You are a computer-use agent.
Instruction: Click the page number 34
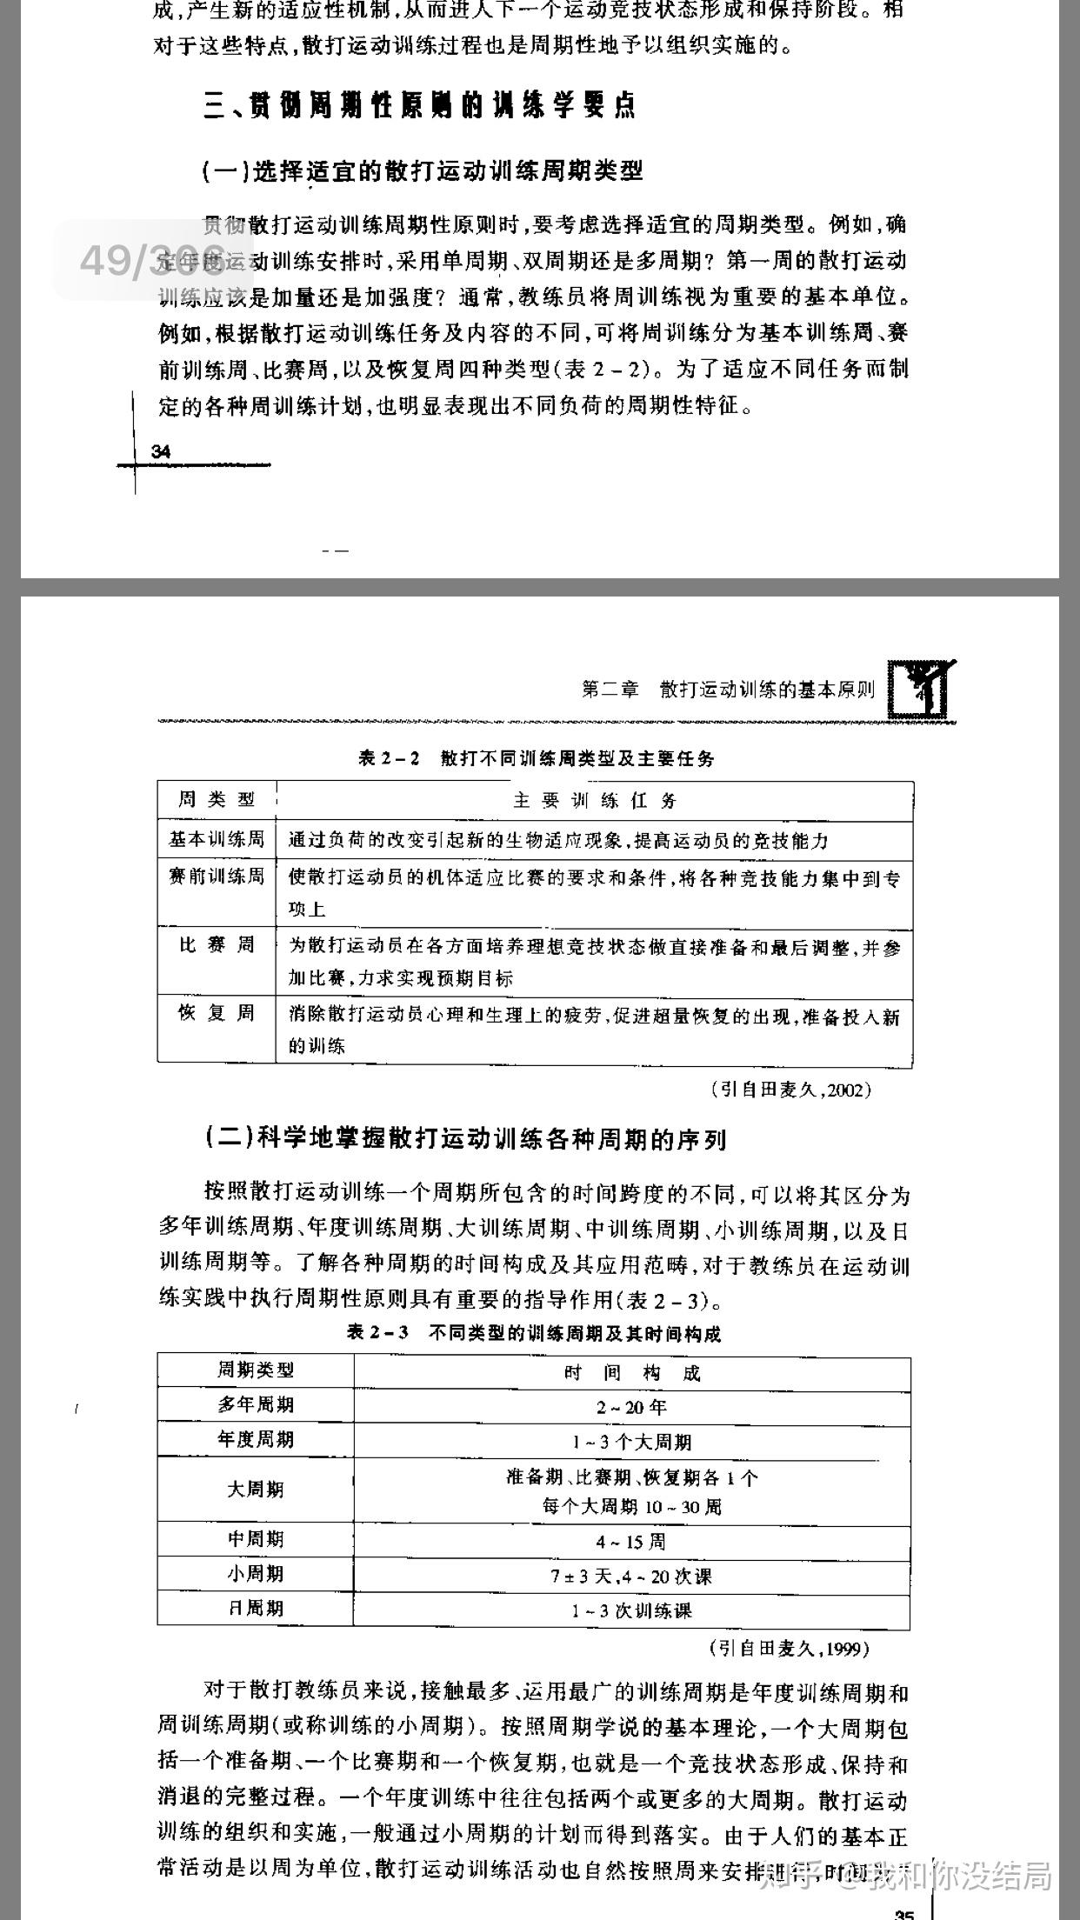point(161,451)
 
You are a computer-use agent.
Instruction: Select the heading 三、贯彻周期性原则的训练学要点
point(419,106)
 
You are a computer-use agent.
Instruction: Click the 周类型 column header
point(217,799)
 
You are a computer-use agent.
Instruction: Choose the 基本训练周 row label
point(217,839)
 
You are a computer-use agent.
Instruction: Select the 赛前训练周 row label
point(217,877)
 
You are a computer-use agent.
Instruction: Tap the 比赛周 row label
point(217,944)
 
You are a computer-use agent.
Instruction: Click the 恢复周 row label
point(217,1013)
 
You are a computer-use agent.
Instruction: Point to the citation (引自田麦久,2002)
point(790,1090)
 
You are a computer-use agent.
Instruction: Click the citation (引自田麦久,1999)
point(789,1648)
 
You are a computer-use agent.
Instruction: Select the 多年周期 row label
point(256,1404)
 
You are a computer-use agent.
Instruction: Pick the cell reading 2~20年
point(631,1407)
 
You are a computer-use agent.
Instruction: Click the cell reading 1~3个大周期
point(631,1442)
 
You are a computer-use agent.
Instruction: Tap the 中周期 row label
point(256,1538)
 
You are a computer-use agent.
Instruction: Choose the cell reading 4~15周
point(631,1542)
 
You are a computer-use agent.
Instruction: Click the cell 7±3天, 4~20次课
point(631,1576)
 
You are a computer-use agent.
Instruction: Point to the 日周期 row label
point(256,1608)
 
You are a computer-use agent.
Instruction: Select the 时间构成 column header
point(631,1373)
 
